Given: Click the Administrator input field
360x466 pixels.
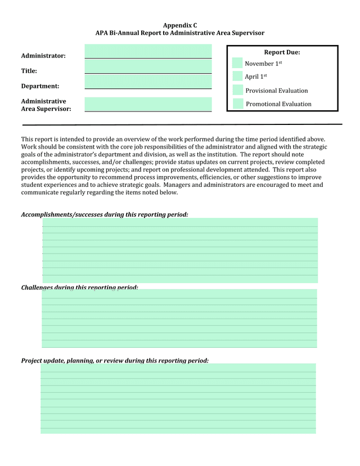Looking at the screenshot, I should click(x=148, y=51).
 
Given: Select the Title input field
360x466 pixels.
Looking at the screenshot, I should click(x=148, y=66).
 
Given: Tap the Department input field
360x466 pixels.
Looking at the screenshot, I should click(x=148, y=82).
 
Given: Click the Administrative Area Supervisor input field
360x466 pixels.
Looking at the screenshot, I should click(x=148, y=104).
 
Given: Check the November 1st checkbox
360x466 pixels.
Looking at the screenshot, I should click(x=237, y=63).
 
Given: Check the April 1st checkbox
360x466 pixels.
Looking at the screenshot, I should click(x=237, y=76).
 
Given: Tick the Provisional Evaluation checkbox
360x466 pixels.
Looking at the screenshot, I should click(x=237, y=90).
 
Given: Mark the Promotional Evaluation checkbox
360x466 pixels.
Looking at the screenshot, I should click(x=238, y=104).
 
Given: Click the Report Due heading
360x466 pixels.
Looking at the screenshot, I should click(x=282, y=52).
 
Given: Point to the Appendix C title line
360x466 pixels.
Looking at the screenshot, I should click(x=180, y=25).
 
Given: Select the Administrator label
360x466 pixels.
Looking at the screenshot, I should click(x=43, y=56).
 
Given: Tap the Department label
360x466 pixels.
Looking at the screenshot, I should click(x=40, y=86).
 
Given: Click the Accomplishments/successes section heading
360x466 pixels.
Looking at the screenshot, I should click(x=105, y=214).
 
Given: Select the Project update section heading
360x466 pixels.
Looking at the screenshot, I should click(x=115, y=360).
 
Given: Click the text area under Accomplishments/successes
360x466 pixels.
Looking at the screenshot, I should click(x=180, y=250).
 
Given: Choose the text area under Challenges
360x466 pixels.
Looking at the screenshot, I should click(x=179, y=319).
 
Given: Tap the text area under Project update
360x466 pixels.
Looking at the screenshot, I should click(x=178, y=398).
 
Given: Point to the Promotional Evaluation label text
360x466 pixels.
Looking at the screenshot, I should click(x=278, y=104).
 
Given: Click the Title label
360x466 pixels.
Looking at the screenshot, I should click(x=29, y=71).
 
